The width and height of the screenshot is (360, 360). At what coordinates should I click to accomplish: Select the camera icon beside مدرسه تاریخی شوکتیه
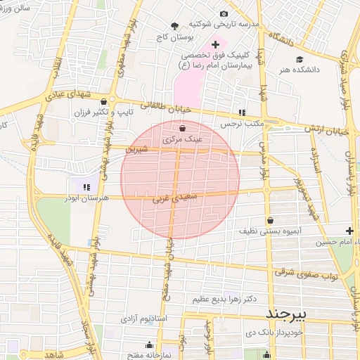click(x=224, y=14)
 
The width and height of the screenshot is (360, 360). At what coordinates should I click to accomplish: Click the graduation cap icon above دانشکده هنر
click(x=300, y=60)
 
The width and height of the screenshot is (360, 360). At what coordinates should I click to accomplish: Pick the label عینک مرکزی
click(x=182, y=139)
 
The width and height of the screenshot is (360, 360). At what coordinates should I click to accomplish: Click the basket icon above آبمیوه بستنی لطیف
click(x=270, y=220)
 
